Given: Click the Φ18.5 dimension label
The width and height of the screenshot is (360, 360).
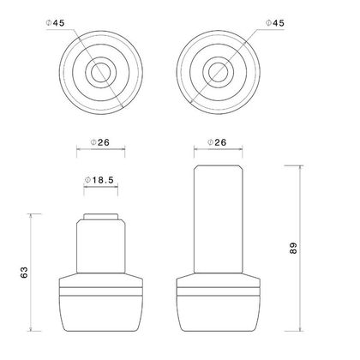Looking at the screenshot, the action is point(99,180).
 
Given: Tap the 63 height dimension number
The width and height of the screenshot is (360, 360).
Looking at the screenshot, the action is point(24,273).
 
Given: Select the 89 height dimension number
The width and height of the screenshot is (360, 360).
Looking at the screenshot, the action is point(293,248).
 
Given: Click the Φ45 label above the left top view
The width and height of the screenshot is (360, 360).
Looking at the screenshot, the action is point(56,23).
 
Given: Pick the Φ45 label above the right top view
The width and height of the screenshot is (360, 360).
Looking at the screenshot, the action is point(275,23).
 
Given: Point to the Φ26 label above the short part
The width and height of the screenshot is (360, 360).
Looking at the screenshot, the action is point(100,142).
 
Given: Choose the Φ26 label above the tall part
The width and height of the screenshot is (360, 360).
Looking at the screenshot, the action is point(217,142).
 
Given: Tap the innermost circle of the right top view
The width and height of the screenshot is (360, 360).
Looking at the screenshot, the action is point(208,72).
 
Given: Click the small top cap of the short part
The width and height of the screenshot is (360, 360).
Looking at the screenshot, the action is point(101,216).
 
